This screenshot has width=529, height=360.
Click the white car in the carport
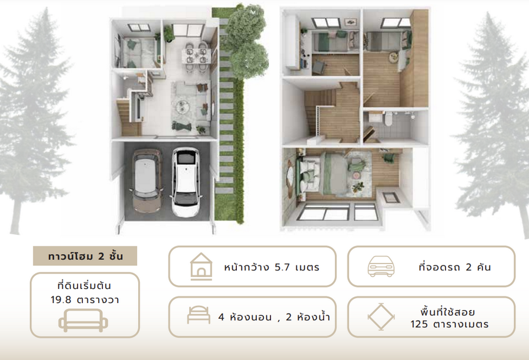[186, 182]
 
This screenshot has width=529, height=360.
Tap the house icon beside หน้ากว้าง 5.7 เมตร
[201, 266]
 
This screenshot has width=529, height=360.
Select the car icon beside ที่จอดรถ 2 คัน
[381, 266]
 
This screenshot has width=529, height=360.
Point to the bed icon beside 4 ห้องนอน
[199, 315]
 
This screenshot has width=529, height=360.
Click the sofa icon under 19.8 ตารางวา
[83, 320]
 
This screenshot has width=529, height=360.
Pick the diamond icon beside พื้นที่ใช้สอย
[381, 317]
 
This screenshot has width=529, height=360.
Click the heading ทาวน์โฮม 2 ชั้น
[85, 256]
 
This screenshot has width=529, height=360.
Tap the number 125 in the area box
[419, 325]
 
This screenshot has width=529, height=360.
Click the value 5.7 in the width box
[282, 268]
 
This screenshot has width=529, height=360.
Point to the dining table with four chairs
[196, 56]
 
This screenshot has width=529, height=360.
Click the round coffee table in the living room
[183, 106]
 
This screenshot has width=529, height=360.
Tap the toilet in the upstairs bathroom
[389, 119]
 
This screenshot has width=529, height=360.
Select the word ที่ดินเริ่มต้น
[84, 286]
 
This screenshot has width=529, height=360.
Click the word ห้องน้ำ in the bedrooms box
[313, 317]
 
